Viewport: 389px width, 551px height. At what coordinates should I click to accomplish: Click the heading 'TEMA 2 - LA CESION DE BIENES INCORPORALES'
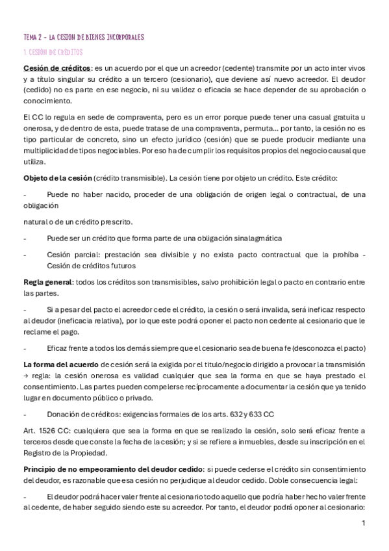click(83, 37)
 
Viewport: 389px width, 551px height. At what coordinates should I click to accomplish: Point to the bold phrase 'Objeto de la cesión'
click(56, 177)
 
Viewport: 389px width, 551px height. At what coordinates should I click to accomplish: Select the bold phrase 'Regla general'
click(47, 283)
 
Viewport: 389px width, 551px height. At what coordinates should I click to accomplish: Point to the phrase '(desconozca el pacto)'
click(323, 348)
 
